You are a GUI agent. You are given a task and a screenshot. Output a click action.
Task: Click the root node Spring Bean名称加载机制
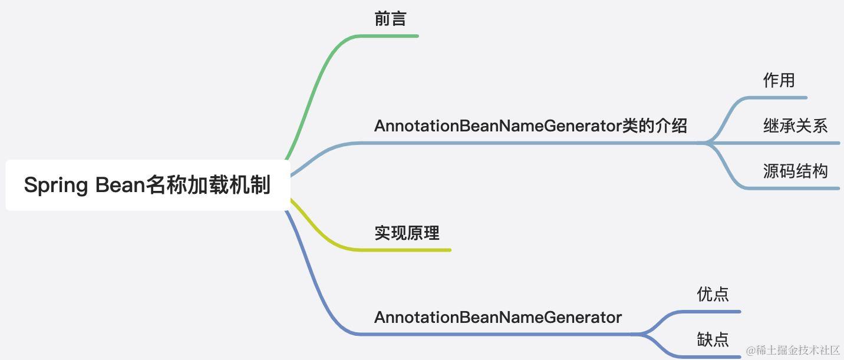pyautogui.click(x=147, y=185)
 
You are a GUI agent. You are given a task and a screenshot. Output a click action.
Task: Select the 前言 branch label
pyautogui.click(x=390, y=19)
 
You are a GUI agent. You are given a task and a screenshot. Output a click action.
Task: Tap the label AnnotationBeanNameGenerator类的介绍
pyautogui.click(x=530, y=125)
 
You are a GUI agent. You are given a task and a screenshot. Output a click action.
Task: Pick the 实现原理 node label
pyautogui.click(x=407, y=233)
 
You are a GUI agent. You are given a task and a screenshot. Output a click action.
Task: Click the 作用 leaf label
pyautogui.click(x=779, y=80)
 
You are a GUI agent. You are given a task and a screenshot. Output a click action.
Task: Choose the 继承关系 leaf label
pyautogui.click(x=795, y=125)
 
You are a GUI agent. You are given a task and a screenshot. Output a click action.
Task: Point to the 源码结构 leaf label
pyautogui.click(x=795, y=171)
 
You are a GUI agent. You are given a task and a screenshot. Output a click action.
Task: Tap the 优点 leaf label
pyautogui.click(x=713, y=293)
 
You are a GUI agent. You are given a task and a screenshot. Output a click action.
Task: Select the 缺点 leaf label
pyautogui.click(x=713, y=339)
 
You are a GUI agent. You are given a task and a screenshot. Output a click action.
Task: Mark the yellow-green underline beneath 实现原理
pyautogui.click(x=407, y=250)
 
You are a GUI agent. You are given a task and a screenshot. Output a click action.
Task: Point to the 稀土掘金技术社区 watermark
pyautogui.click(x=792, y=351)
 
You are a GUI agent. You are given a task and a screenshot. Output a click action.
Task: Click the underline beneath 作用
pyautogui.click(x=778, y=97)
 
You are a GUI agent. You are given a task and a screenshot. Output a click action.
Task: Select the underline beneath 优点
pyautogui.click(x=713, y=311)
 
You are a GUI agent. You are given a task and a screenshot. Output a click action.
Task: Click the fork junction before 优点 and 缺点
pyautogui.click(x=641, y=334)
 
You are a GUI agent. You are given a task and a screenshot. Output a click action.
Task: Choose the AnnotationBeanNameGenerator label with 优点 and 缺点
pyautogui.click(x=498, y=318)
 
